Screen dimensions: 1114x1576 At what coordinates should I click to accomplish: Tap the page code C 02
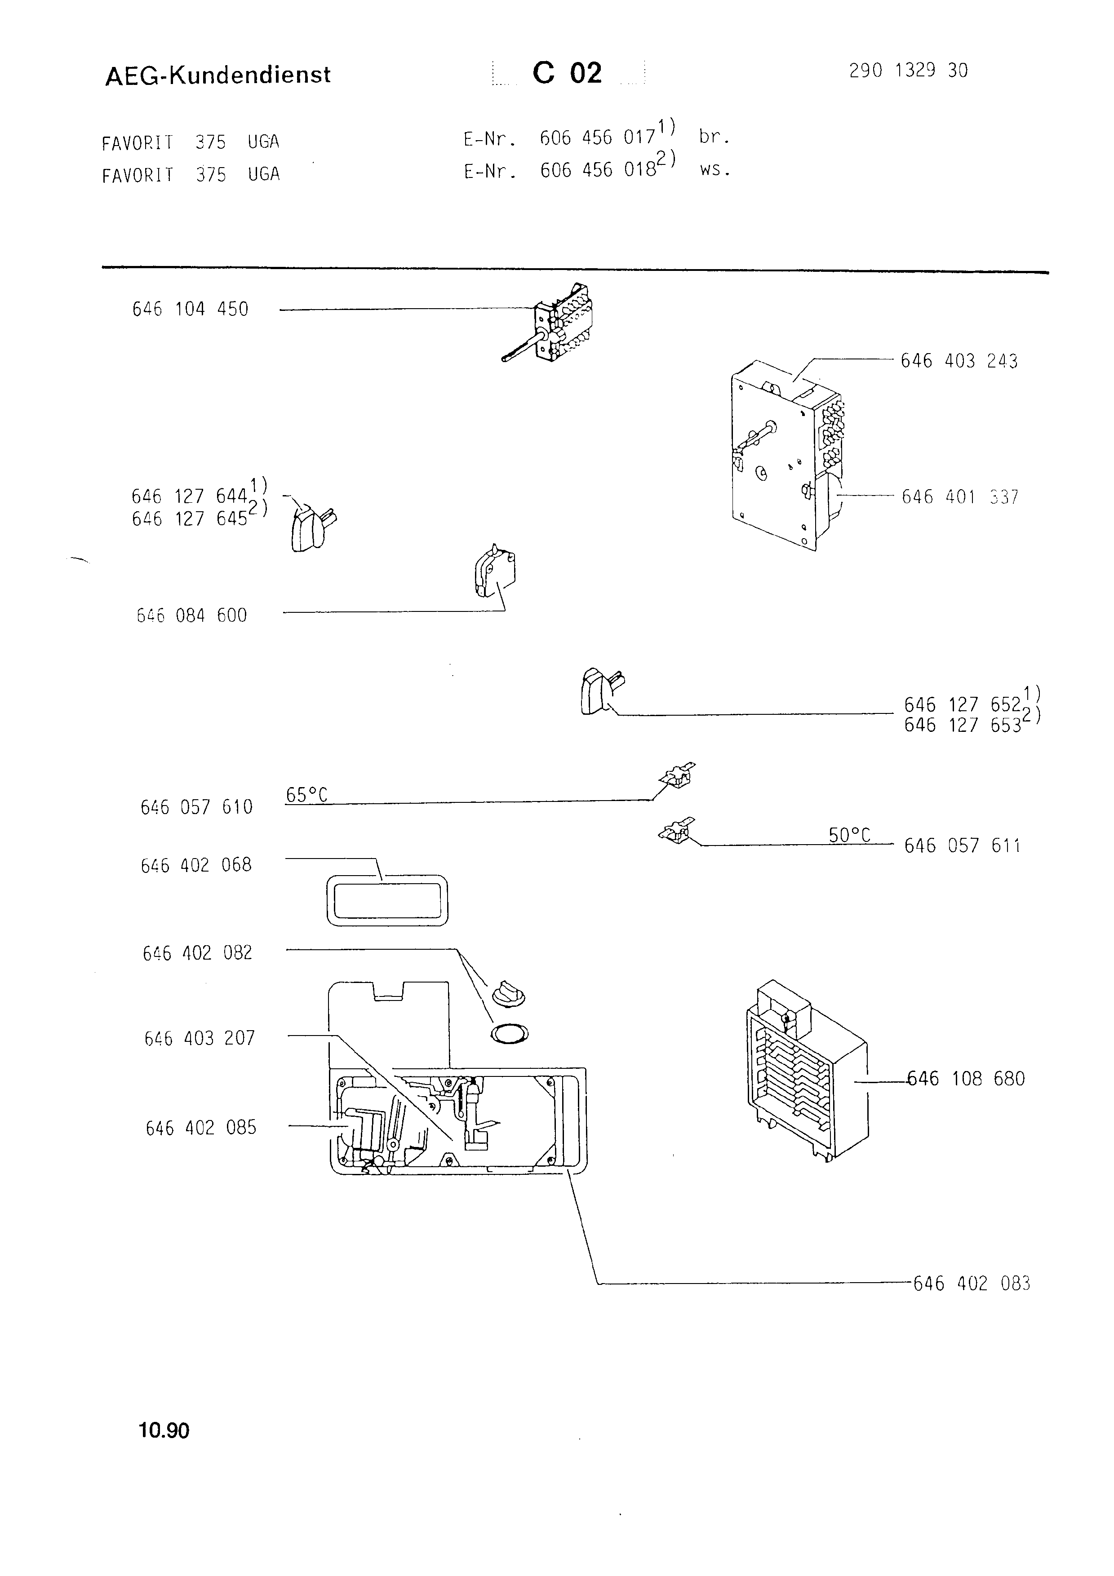pos(567,73)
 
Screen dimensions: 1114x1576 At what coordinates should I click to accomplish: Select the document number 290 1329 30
pos(908,70)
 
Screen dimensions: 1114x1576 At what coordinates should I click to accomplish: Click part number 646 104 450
pos(190,309)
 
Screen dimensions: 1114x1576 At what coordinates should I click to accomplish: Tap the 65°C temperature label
pos(306,794)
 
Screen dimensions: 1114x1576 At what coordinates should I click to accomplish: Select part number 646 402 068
pos(196,865)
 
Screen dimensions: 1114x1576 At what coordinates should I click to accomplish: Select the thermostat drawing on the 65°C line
pos(677,776)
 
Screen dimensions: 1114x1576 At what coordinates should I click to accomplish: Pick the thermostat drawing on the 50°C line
pos(676,831)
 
